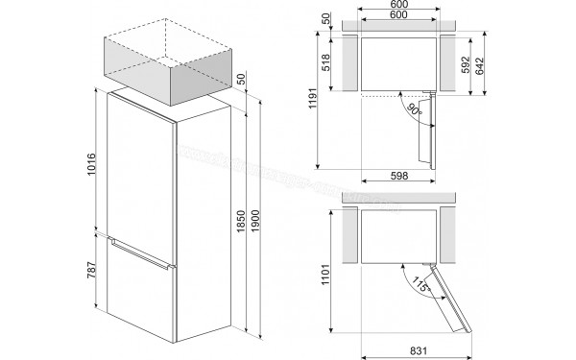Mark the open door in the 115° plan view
pos(448,299)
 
